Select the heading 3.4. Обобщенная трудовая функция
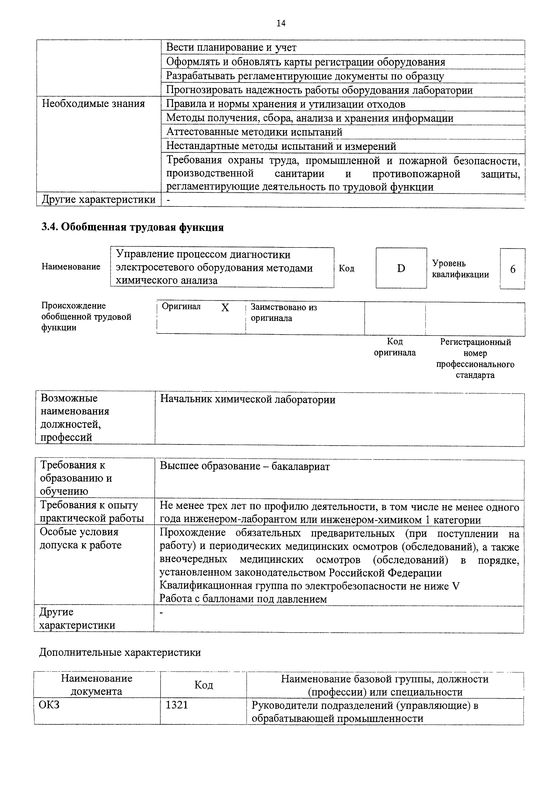[x=133, y=227]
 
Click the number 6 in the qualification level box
[x=513, y=269]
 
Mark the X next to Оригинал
[x=225, y=307]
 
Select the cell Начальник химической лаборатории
[x=248, y=400]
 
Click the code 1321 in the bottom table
[x=177, y=705]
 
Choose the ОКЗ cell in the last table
[x=49, y=705]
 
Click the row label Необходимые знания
[x=93, y=104]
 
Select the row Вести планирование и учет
[x=231, y=48]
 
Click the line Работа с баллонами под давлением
[x=243, y=599]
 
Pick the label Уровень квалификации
[x=460, y=269]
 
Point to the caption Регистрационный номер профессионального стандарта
[x=475, y=358]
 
